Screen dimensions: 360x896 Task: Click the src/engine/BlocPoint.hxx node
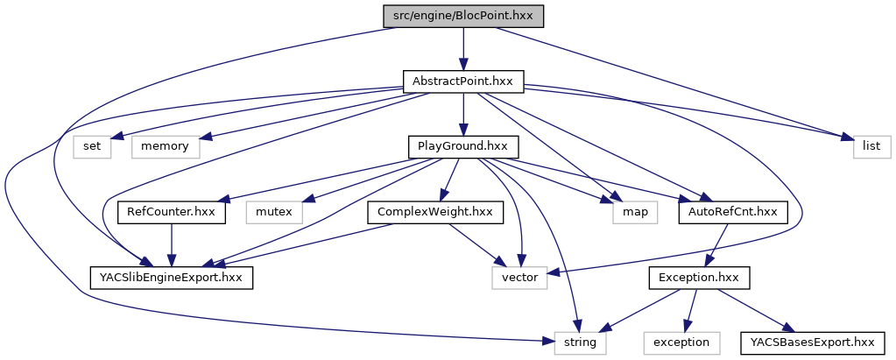tap(463, 16)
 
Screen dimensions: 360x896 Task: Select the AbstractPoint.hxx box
tap(463, 81)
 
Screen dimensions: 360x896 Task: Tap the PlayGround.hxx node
tap(463, 146)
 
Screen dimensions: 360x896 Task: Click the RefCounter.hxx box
tap(172, 212)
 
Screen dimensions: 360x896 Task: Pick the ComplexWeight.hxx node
tap(434, 212)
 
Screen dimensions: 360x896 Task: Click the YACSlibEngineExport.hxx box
tap(172, 278)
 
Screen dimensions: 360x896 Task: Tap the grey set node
tap(92, 146)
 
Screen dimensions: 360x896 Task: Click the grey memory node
tap(166, 146)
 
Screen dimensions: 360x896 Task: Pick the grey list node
tap(871, 146)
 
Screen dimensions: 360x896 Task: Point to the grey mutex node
tap(272, 212)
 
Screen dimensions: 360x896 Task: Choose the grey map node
tap(628, 212)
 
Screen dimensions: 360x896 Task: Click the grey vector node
tap(520, 278)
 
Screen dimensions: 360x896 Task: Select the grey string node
tap(580, 342)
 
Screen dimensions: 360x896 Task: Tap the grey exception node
tap(681, 342)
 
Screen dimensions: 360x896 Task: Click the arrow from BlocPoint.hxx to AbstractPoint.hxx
tap(463, 48)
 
